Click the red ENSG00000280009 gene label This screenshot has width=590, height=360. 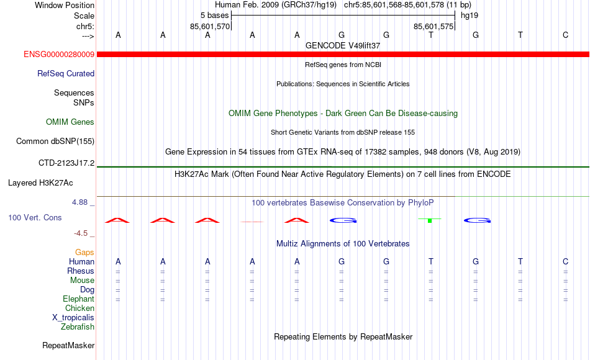[x=59, y=54]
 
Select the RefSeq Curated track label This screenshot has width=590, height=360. [x=65, y=73]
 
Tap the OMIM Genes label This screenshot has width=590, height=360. [x=70, y=122]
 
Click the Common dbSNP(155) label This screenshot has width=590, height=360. [x=55, y=141]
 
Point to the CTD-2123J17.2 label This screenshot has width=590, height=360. [x=66, y=163]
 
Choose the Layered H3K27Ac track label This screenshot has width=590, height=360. [x=40, y=183]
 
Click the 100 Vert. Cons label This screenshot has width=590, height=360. [x=35, y=217]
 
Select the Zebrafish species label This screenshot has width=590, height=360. [x=78, y=326]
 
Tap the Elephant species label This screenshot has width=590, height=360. [x=78, y=299]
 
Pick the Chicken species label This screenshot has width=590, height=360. [x=79, y=308]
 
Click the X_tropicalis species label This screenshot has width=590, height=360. [x=73, y=318]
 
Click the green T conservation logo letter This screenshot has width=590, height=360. [x=430, y=220]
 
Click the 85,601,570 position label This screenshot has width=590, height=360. [x=209, y=26]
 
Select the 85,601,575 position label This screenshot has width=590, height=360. [x=433, y=26]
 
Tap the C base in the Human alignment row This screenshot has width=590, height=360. [x=565, y=261]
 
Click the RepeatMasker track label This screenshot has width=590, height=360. [x=68, y=345]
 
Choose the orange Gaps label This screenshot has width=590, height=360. [x=84, y=252]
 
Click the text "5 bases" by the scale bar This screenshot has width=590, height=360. [x=214, y=16]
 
